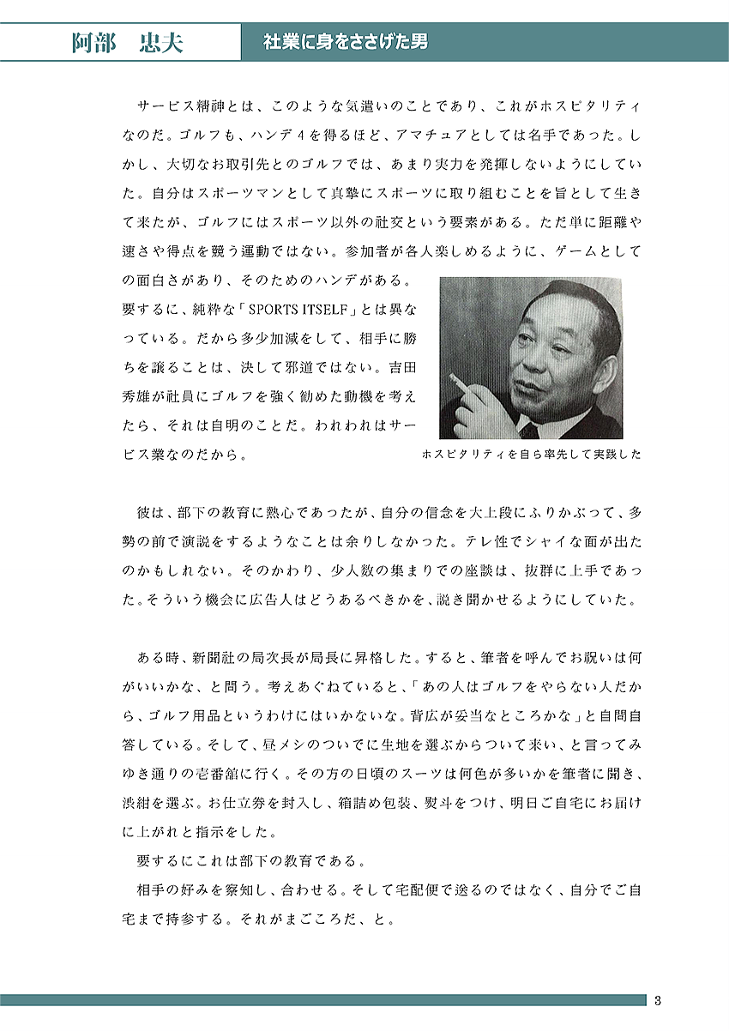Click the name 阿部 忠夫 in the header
coord(127,43)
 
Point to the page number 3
coord(657,1000)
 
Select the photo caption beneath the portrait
coord(531,455)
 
